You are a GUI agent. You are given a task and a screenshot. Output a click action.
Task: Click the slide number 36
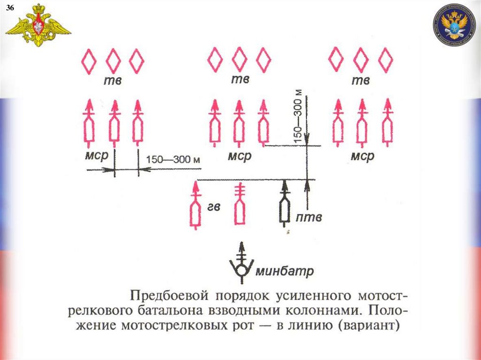click(9, 8)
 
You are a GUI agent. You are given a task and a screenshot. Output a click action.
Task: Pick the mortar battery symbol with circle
click(242, 265)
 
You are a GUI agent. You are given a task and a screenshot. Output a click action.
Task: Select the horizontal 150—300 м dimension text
click(174, 159)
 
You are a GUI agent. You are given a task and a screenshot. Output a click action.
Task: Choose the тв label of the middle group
click(240, 80)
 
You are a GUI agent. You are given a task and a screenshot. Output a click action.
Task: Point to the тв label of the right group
click(360, 81)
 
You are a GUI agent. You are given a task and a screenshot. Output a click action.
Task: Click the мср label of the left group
click(98, 155)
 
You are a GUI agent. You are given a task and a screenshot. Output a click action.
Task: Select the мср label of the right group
click(362, 156)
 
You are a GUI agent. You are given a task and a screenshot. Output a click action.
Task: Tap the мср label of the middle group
click(240, 155)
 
